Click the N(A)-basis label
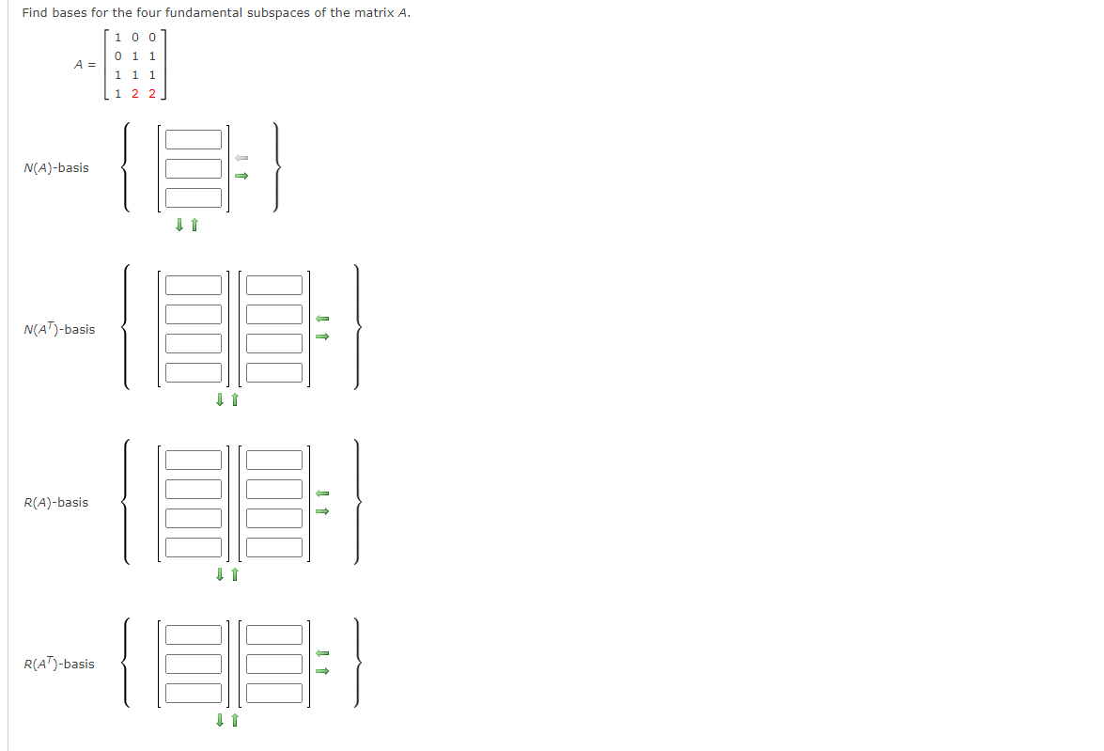56,168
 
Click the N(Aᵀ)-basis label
59,330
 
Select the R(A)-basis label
56,503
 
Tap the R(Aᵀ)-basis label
59,665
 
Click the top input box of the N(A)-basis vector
194,140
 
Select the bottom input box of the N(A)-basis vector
194,198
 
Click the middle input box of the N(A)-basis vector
194,169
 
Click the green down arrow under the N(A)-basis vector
179,225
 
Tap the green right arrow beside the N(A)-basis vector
241,175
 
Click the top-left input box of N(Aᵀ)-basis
194,285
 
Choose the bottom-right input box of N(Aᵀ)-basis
274,373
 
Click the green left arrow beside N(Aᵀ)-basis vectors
321,318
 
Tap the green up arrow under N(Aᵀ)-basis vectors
235,400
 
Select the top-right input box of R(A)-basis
274,461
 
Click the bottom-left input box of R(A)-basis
194,547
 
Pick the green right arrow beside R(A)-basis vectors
321,511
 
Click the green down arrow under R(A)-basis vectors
220,573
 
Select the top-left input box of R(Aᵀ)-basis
194,635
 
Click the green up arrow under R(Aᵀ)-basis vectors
235,721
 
